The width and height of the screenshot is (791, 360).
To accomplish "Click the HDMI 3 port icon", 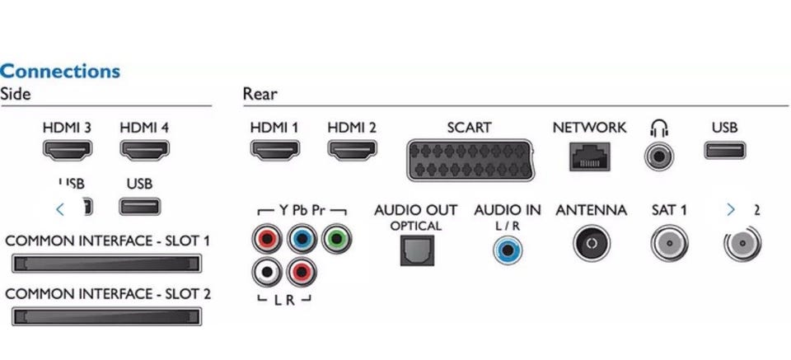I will (x=68, y=152).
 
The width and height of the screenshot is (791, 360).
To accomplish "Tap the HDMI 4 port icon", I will (x=145, y=152).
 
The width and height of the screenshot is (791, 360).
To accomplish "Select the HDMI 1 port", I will (x=274, y=152).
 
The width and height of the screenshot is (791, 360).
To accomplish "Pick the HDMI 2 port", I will (x=352, y=152).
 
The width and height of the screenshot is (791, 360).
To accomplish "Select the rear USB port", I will (x=724, y=152).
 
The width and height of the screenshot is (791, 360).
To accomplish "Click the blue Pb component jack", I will (x=302, y=240).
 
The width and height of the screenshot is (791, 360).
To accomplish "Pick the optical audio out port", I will (x=416, y=249).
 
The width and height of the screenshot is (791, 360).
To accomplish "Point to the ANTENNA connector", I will (x=590, y=244).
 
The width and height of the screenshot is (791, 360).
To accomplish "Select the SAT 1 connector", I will (x=668, y=244).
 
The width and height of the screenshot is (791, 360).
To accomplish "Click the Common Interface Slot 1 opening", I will (x=105, y=264).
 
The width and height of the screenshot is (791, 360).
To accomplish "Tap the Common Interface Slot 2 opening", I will (x=105, y=316).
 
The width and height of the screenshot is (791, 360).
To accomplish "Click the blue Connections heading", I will (x=60, y=71).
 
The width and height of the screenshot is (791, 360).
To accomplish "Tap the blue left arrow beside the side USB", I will (x=59, y=209).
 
